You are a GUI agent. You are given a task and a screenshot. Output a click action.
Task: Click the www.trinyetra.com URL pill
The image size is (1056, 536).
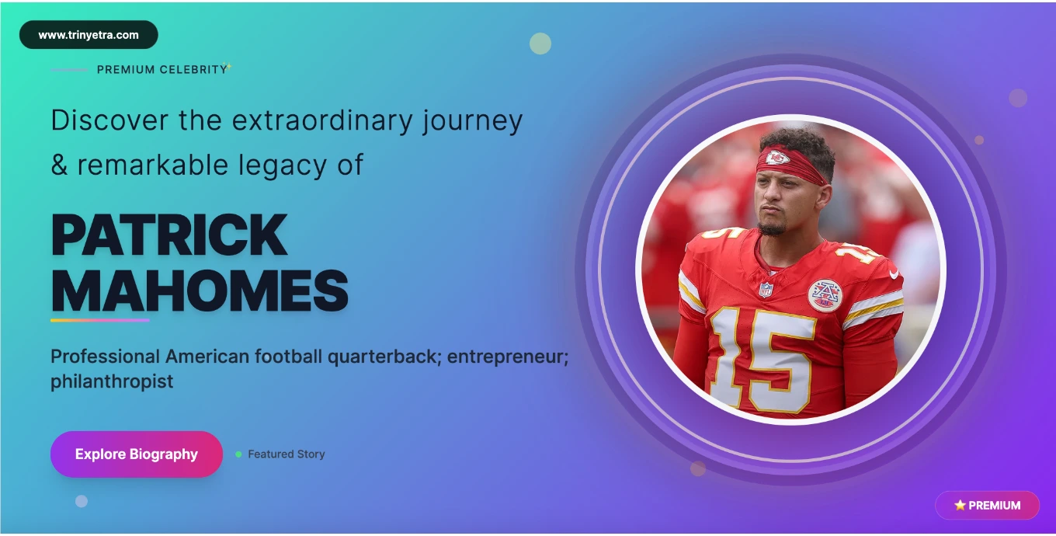89,35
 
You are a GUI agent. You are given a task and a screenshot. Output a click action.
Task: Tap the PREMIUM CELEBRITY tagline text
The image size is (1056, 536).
162,70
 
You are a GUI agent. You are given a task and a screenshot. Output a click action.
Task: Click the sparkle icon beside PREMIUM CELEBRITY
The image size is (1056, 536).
227,67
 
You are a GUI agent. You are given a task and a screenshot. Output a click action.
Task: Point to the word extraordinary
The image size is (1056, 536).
319,120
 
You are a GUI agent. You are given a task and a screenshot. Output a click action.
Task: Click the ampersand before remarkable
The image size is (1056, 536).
59,165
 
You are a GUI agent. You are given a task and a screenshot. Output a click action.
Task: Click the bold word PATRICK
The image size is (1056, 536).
169,235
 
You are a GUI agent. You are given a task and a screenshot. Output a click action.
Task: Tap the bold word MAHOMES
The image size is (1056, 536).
200,291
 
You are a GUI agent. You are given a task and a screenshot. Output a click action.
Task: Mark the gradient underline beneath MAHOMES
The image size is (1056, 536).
99,320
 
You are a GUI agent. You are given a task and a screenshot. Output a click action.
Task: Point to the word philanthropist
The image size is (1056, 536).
112,382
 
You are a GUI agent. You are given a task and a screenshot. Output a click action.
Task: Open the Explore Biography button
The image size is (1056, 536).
137,454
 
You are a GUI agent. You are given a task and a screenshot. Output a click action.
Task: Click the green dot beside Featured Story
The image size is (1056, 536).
238,454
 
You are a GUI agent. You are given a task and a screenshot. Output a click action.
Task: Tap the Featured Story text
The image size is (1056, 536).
286,454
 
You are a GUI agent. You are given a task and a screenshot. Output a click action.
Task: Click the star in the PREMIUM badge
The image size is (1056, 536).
960,505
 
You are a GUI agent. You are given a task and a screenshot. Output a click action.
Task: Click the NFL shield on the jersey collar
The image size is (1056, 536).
766,289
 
